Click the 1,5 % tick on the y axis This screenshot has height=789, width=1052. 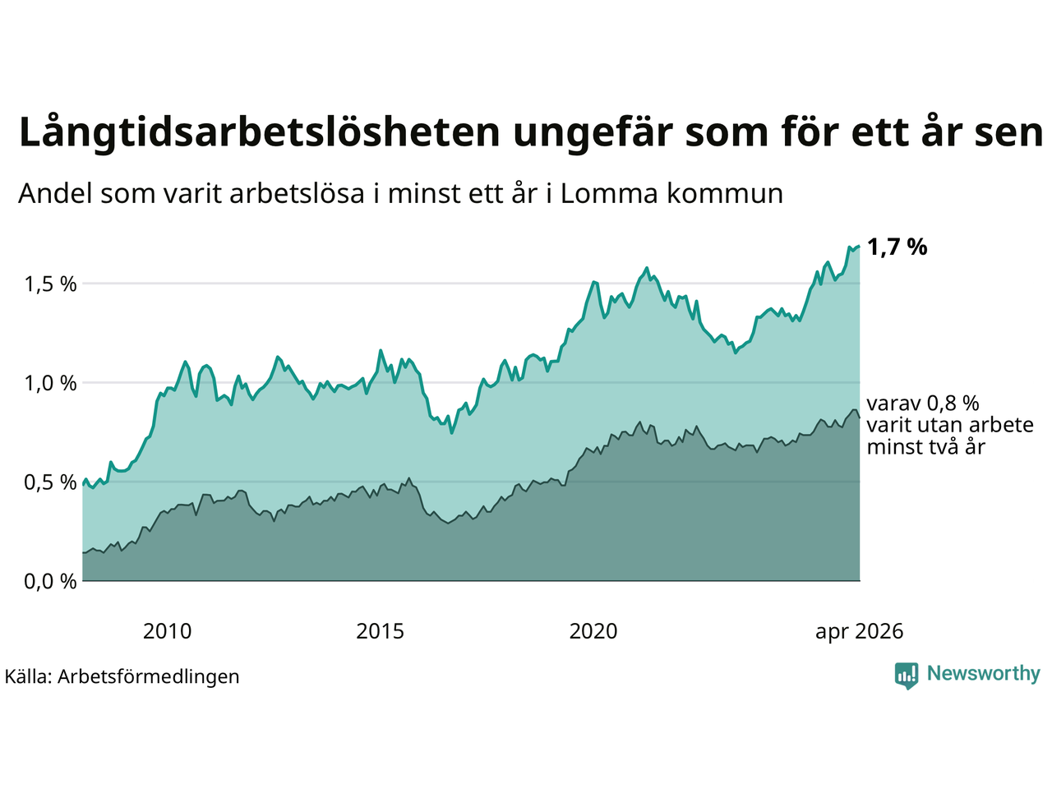[x=50, y=284]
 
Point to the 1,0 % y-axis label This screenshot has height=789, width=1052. [x=50, y=384]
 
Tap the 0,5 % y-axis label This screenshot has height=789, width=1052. [x=50, y=482]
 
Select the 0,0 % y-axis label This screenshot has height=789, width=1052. [x=50, y=582]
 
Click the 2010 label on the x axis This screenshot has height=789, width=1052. [x=168, y=631]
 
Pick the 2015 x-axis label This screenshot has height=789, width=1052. [x=380, y=631]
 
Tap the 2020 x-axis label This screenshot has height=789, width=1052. [x=593, y=631]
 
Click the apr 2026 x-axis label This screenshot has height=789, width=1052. [x=860, y=632]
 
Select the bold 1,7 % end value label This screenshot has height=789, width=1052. [x=897, y=247]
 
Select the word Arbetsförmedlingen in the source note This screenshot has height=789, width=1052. [x=149, y=677]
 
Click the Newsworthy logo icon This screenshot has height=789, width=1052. [x=907, y=676]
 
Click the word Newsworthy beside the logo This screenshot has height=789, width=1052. [x=984, y=674]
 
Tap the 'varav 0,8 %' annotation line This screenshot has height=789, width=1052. [x=923, y=404]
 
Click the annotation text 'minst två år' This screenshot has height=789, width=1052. [x=926, y=447]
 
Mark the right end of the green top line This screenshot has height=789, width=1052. [x=860, y=247]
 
